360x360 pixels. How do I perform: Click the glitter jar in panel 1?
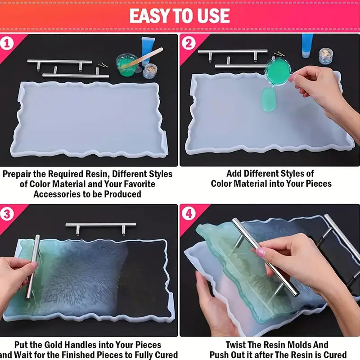150,71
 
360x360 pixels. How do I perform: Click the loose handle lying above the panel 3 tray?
101,225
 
